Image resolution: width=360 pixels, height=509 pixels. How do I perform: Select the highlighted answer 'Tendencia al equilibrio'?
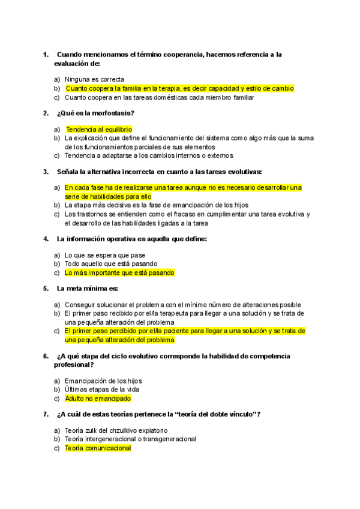98,129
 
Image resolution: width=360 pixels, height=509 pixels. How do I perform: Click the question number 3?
46,171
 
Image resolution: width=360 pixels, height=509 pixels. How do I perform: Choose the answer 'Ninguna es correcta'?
94,79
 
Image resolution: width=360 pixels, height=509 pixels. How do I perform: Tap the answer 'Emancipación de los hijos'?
103,381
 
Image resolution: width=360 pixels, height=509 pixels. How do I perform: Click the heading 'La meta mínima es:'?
88,288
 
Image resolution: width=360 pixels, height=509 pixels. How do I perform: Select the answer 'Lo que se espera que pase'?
105,255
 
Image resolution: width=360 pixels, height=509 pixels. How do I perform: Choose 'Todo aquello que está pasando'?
111,264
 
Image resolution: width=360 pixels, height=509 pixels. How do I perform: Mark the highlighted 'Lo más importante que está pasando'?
119,273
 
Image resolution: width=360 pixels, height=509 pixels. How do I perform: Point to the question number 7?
46,414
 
